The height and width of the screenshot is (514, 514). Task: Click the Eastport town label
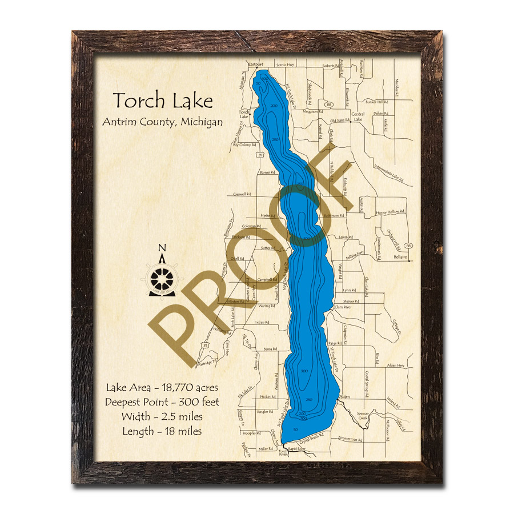coord(255,65)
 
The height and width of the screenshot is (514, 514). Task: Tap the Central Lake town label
coord(358,116)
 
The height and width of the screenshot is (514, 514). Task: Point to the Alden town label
coord(344,396)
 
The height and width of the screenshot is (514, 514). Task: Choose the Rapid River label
coord(297,449)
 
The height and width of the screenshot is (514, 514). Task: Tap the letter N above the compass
coord(162,248)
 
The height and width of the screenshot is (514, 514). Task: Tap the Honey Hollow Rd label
coord(388,212)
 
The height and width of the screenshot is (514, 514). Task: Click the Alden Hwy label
coord(395,365)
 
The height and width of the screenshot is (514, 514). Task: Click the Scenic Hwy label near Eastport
coord(284,65)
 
